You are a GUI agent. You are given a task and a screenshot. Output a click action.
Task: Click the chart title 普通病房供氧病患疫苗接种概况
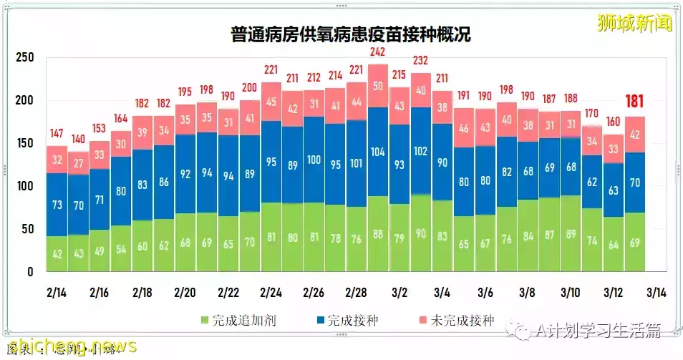pyautogui.click(x=351, y=34)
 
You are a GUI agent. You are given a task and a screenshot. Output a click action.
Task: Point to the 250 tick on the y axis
pyautogui.click(x=25, y=57)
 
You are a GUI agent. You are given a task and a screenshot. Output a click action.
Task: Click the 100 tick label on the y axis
pyautogui.click(x=25, y=186)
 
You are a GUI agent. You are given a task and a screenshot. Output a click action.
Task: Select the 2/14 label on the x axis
pyautogui.click(x=57, y=293)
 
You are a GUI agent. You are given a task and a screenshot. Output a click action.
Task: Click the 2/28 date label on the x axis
pyautogui.click(x=356, y=293)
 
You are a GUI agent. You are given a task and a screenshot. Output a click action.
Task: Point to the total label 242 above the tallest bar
pyautogui.click(x=378, y=52)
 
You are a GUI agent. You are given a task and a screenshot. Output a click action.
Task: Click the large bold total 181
pyautogui.click(x=635, y=102)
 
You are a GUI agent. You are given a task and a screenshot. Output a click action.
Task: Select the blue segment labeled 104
pyautogui.click(x=378, y=152)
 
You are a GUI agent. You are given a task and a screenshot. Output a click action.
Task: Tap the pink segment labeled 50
pyautogui.click(x=378, y=86)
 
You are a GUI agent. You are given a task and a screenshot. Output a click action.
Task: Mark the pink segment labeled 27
pyautogui.click(x=78, y=162)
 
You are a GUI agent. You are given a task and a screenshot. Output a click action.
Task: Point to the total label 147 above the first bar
pyautogui.click(x=57, y=133)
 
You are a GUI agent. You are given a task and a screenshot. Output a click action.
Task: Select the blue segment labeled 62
pyautogui.click(x=592, y=182)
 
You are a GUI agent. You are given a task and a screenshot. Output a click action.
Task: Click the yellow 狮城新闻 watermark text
pyautogui.click(x=635, y=23)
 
